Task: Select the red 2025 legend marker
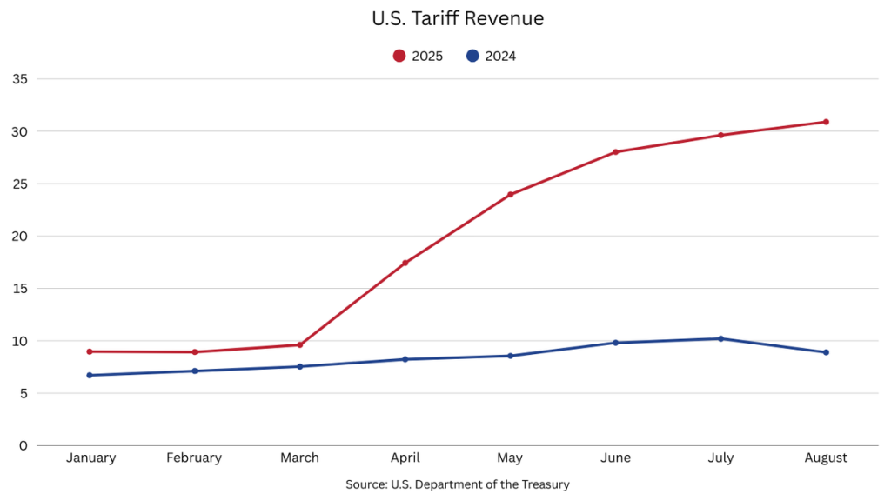coord(399,56)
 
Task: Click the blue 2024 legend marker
coord(472,56)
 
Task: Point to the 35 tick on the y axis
coord(20,79)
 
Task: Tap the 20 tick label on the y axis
coord(20,236)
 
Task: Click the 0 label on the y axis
coord(23,445)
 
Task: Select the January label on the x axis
coord(90,458)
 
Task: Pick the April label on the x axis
coord(405,458)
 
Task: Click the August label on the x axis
coord(826,458)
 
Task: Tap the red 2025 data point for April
coord(405,263)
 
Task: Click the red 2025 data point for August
coord(826,122)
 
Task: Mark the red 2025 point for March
coord(300,344)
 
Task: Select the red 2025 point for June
coord(615,152)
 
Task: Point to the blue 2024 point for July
coord(720,338)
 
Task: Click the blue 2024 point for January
coord(90,375)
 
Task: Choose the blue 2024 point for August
coord(826,352)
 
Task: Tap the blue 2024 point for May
coord(510,356)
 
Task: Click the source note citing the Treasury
coord(457,484)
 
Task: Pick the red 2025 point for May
coord(510,195)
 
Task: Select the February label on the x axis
coord(194,458)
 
